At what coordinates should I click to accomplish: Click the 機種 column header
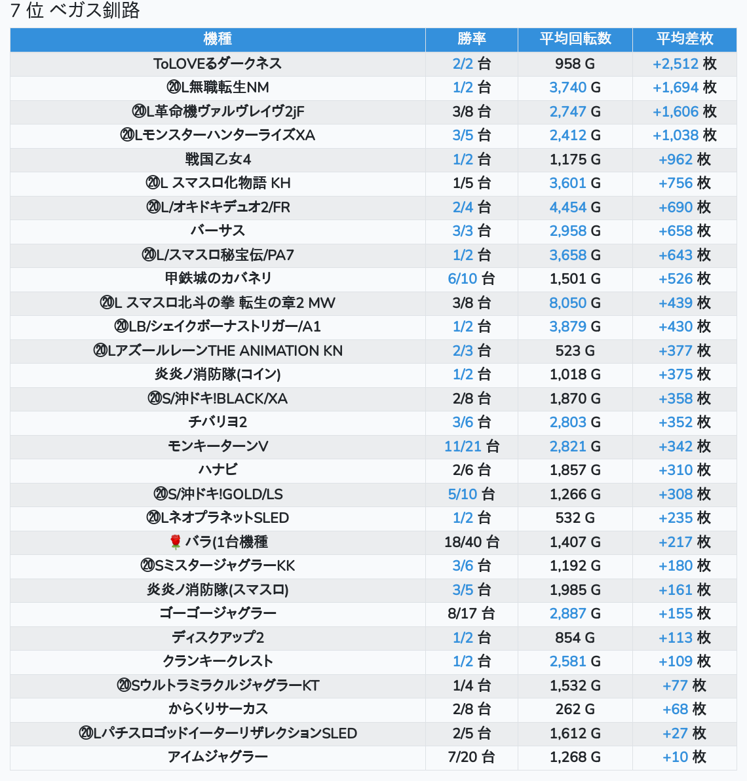pyautogui.click(x=218, y=39)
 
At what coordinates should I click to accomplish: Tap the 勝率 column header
pyautogui.click(x=471, y=39)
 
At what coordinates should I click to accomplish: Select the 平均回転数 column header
pyautogui.click(x=575, y=39)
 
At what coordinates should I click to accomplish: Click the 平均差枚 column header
pyautogui.click(x=684, y=39)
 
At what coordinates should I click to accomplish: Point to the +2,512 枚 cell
pyautogui.click(x=684, y=64)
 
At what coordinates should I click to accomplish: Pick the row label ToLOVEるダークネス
pyautogui.click(x=218, y=64)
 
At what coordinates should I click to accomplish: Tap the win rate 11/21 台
pyautogui.click(x=471, y=446)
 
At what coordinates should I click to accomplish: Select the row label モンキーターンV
pyautogui.click(x=218, y=446)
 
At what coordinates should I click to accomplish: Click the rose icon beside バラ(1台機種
pyautogui.click(x=175, y=542)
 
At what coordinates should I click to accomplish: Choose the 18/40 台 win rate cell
pyautogui.click(x=471, y=542)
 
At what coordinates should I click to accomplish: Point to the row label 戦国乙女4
pyautogui.click(x=218, y=159)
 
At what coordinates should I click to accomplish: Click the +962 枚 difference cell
pyautogui.click(x=684, y=159)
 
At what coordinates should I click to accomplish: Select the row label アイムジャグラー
pyautogui.click(x=218, y=757)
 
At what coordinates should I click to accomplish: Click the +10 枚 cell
pyautogui.click(x=684, y=757)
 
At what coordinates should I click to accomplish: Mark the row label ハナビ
pyautogui.click(x=218, y=470)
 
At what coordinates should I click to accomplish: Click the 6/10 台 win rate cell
pyautogui.click(x=471, y=278)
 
